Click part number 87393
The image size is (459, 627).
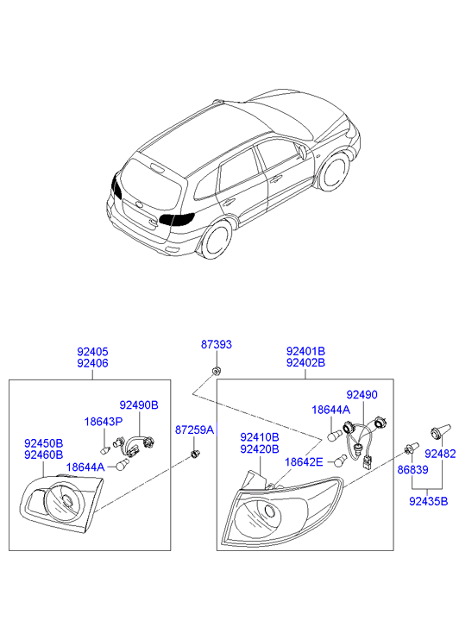[x=216, y=344]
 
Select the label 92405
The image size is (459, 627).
[x=92, y=352]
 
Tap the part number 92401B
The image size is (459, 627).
[x=305, y=352]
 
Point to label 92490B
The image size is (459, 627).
[x=139, y=405]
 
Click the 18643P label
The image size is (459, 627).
[x=104, y=422]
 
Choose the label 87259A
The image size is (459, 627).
[x=194, y=429]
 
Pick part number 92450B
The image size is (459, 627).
[x=44, y=443]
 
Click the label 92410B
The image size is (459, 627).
[x=260, y=437]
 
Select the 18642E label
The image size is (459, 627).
[x=304, y=462]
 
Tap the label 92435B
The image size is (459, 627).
[x=428, y=501]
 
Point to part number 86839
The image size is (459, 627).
[x=412, y=469]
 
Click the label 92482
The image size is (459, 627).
[x=440, y=454]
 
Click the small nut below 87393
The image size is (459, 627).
[x=216, y=372]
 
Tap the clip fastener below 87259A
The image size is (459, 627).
[x=195, y=454]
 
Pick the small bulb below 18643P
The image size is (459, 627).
[x=105, y=451]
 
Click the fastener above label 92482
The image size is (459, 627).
[x=440, y=431]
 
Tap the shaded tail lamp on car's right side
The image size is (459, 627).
[x=177, y=219]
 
